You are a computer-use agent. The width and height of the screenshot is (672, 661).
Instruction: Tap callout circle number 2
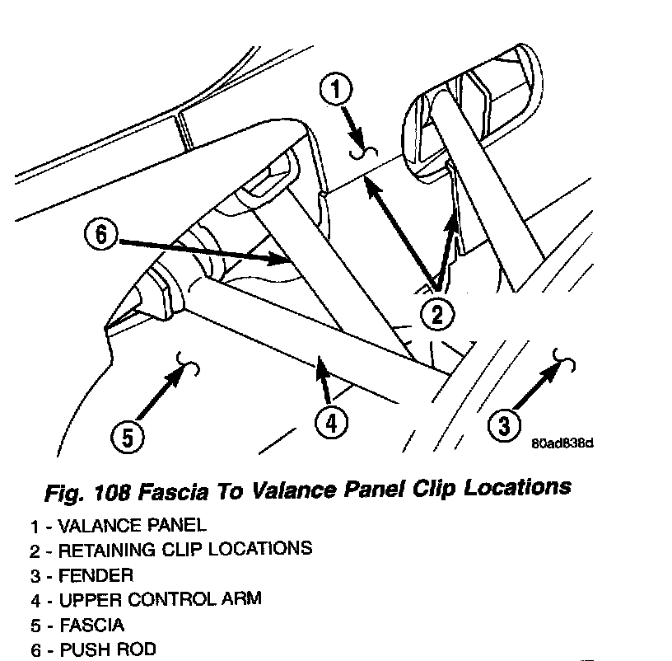(x=438, y=312)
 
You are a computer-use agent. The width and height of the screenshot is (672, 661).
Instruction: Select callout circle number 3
(x=503, y=424)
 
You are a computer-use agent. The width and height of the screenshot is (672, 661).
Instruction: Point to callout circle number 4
(x=330, y=423)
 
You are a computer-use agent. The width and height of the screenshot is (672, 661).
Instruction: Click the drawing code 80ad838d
(x=563, y=443)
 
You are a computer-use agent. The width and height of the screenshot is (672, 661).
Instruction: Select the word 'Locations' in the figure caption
(x=518, y=486)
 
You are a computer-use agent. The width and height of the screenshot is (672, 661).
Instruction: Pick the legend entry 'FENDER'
(x=86, y=574)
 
